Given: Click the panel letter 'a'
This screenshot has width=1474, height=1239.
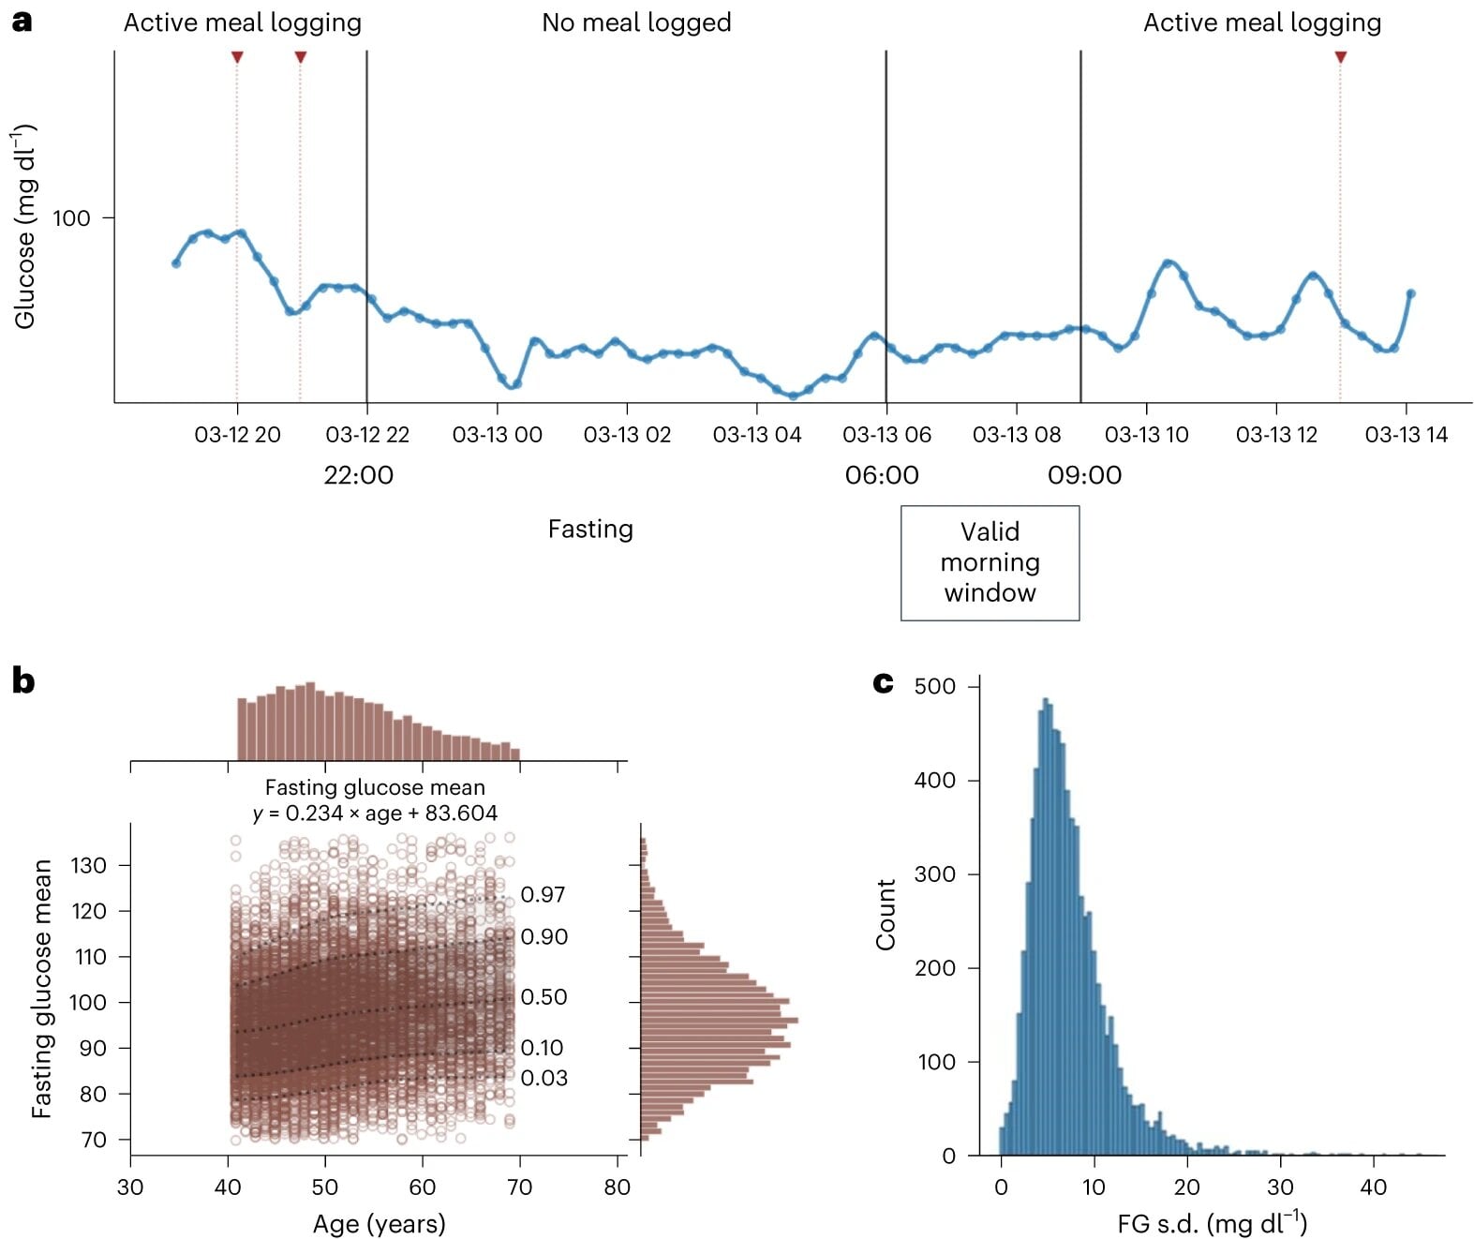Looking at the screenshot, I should click(22, 22).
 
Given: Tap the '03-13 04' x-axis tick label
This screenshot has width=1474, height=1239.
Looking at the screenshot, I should click(756, 435).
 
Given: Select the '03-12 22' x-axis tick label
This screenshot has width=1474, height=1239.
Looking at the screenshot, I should click(367, 435).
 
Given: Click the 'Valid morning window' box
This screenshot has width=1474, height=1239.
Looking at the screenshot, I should click(990, 562).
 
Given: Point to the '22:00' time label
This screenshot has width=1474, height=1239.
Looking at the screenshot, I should click(358, 475).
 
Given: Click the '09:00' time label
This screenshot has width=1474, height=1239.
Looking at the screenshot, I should click(1084, 475).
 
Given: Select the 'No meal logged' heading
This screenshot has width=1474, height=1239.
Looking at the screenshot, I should click(636, 22).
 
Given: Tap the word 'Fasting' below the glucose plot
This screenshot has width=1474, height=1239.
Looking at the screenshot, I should click(590, 530).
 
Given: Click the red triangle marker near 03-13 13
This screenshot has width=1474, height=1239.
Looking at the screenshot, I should click(1340, 58).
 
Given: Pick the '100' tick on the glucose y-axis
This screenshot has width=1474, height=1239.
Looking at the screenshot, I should click(71, 218).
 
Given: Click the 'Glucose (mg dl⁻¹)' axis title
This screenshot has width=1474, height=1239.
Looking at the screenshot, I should click(25, 227).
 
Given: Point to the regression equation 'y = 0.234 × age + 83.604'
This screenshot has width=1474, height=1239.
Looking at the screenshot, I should click(375, 814).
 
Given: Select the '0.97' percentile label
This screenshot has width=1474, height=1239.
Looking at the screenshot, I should click(543, 895).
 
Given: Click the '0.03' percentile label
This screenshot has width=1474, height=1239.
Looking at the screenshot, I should click(543, 1078).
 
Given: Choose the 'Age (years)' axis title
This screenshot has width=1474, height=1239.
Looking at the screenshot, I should click(379, 1223).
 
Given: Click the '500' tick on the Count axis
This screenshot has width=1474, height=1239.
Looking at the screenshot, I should click(934, 686).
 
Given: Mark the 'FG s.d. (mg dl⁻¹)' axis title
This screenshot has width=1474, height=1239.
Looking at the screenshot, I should click(1212, 1223).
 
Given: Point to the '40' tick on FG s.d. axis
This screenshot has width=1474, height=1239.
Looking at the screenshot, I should click(1373, 1187).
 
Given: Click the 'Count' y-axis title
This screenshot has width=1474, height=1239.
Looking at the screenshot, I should click(886, 914).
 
